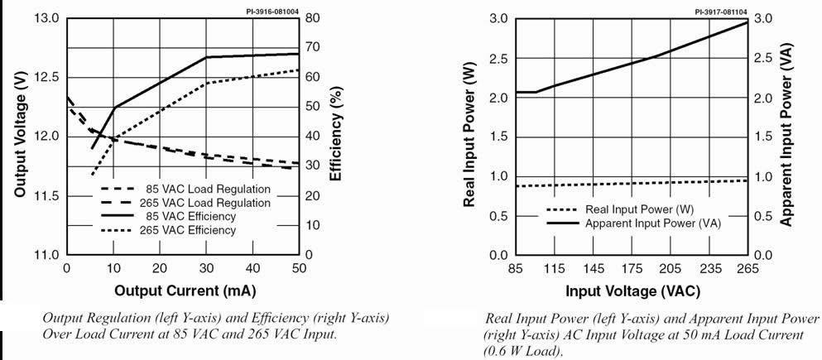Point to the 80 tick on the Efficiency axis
[312, 18]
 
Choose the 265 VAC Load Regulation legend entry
[204, 203]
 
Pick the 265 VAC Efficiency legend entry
[187, 229]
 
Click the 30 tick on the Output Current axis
[206, 269]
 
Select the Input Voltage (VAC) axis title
[632, 291]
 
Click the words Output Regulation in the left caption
[84, 319]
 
